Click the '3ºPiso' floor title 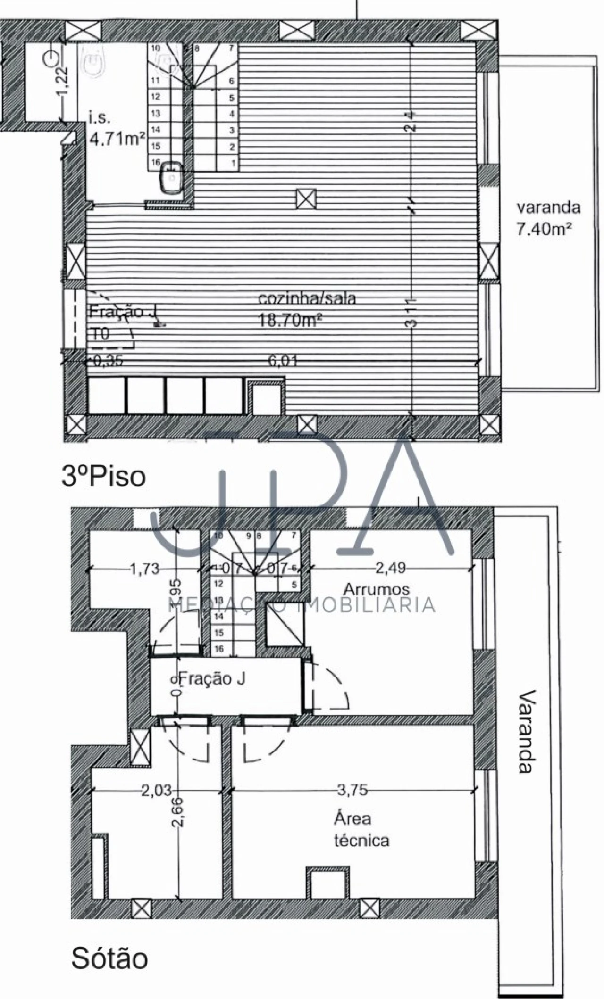103,477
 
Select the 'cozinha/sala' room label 307,299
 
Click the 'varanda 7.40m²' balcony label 548,219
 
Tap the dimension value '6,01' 283,361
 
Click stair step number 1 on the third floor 233,163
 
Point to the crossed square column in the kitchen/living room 306,198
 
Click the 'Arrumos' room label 376,589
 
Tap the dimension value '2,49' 390,568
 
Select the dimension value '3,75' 352,790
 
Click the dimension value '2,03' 156,790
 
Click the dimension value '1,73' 144,569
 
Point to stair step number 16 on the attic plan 218,649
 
